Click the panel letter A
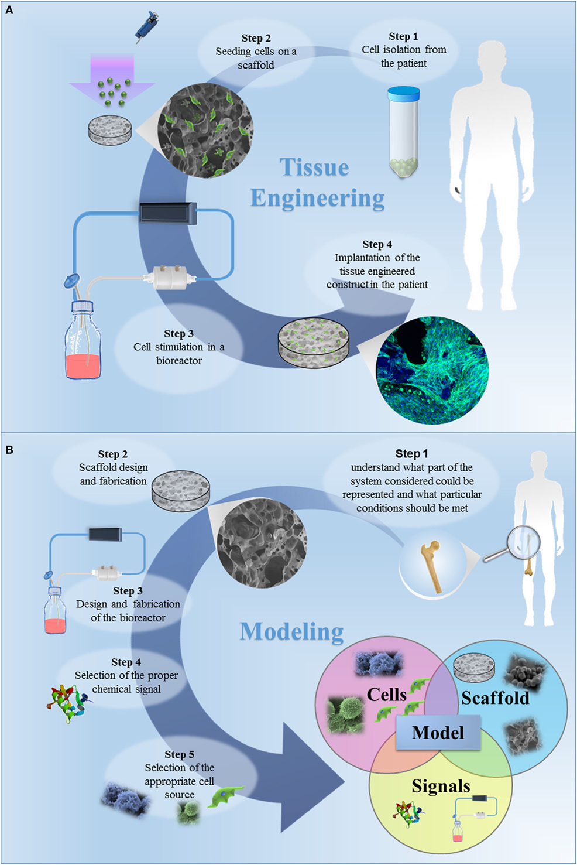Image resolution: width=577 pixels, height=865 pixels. pyautogui.click(x=9, y=10)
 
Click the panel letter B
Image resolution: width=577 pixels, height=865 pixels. pyautogui.click(x=9, y=450)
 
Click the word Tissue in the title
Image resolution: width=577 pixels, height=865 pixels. pyautogui.click(x=314, y=167)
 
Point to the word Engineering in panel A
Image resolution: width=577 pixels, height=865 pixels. pyautogui.click(x=317, y=199)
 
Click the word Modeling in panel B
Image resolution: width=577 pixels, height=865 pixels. pyautogui.click(x=291, y=631)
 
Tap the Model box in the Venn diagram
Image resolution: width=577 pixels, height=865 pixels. pyautogui.click(x=438, y=733)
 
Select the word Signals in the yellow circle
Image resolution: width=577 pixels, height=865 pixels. pyautogui.click(x=441, y=786)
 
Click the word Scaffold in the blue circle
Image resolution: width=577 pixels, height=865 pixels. pyautogui.click(x=495, y=698)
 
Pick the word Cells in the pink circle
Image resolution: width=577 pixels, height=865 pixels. pyautogui.click(x=386, y=695)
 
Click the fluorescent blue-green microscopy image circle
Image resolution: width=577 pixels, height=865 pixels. pyautogui.click(x=432, y=369)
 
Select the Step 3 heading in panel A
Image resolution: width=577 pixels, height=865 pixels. pyautogui.click(x=178, y=334)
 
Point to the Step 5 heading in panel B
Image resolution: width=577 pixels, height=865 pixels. pyautogui.click(x=179, y=754)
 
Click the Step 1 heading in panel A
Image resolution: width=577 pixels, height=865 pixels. pyautogui.click(x=403, y=36)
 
